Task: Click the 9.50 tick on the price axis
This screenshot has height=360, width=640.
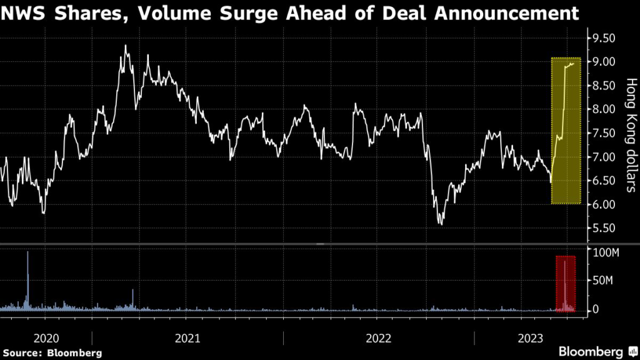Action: pos(604,38)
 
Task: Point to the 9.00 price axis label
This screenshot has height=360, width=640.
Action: pos(604,62)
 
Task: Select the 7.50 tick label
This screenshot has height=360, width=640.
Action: pos(604,133)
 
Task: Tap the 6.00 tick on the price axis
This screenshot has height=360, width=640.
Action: pos(604,204)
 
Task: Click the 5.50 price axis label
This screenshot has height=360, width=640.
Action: pos(604,228)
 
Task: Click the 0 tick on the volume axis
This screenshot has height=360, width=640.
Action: pos(596,309)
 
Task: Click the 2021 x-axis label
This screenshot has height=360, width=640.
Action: pos(187,338)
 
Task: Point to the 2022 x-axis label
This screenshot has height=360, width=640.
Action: pos(378,338)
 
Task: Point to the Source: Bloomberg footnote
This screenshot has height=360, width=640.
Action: pos(51,352)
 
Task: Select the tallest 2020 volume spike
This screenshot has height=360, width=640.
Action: pos(27,254)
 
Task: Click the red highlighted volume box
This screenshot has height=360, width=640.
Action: pos(566,283)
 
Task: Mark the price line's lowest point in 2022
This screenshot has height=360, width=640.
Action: pos(441,223)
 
